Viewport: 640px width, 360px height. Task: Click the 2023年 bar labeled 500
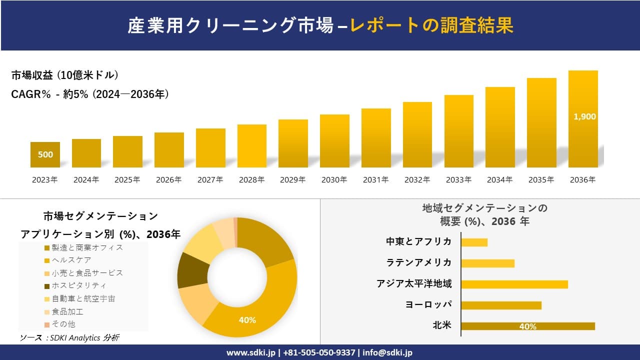(45, 154)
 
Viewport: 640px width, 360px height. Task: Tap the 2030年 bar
(334, 141)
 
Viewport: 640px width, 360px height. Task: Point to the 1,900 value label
(584, 116)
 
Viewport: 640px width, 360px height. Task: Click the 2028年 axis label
(251, 180)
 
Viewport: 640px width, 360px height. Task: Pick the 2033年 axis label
(458, 180)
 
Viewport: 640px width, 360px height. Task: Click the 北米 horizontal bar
(527, 326)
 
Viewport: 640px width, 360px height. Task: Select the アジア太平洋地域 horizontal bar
(514, 284)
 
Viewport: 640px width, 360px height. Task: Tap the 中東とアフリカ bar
(474, 242)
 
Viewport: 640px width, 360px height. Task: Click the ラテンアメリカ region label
(419, 262)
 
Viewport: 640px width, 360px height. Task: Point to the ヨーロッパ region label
(428, 304)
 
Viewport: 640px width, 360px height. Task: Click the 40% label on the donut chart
(247, 320)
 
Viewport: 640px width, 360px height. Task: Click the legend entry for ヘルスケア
(72, 260)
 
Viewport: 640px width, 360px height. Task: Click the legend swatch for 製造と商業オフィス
(47, 247)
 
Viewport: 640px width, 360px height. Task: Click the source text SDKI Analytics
(70, 338)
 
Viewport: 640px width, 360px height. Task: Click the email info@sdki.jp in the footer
(388, 352)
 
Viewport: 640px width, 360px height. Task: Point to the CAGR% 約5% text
(90, 94)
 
